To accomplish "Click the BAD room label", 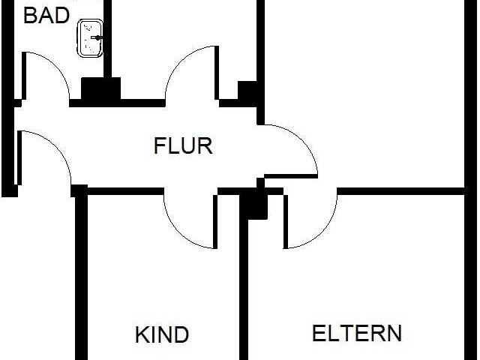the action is (x=46, y=16).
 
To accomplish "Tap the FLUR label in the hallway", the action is (x=183, y=146).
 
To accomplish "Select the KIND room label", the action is (x=162, y=335).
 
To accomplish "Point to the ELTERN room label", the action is (x=357, y=333).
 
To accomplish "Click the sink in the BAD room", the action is (x=90, y=38).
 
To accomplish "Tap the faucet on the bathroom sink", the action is (x=97, y=37).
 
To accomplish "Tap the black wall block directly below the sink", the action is (x=100, y=88).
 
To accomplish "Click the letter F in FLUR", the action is (x=160, y=146).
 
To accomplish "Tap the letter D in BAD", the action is (x=62, y=16).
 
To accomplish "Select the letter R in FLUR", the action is (x=205, y=146).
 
